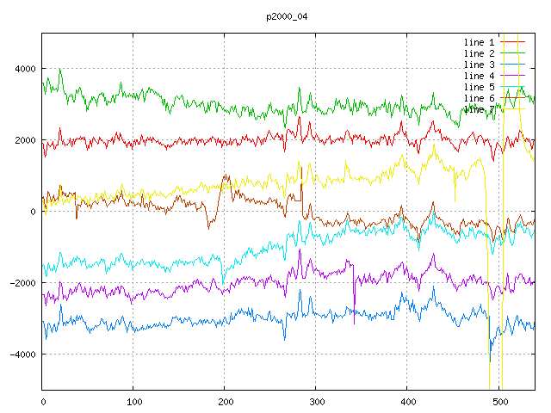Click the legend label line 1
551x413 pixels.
[479, 42]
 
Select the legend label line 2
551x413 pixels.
[479, 53]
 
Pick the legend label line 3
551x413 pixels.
[479, 65]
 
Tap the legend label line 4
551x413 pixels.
[479, 76]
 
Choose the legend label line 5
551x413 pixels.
[479, 87]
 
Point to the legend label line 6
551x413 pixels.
[479, 98]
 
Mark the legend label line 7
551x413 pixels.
[479, 109]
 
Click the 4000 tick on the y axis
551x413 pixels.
[25, 69]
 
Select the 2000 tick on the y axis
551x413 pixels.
[25, 140]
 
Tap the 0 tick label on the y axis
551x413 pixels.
[33, 212]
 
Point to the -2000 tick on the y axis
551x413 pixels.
[22, 283]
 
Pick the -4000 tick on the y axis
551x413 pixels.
[22, 354]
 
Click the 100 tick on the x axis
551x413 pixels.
[133, 401]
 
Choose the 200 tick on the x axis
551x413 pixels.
[225, 401]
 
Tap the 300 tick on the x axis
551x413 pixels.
[316, 401]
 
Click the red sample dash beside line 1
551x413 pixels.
[513, 42]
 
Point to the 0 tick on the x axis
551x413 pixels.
[43, 401]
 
